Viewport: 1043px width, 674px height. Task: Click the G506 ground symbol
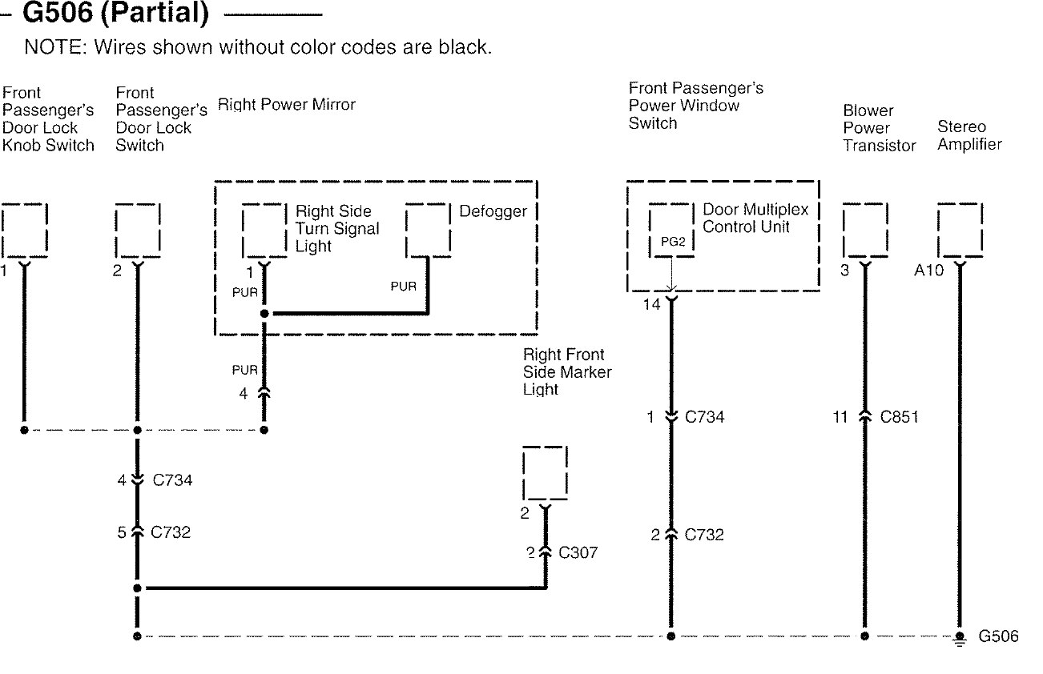tap(959, 639)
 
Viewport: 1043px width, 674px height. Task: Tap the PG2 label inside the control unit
tap(673, 242)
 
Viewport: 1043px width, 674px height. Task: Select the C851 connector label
tap(899, 417)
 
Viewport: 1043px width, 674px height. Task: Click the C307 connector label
tap(578, 552)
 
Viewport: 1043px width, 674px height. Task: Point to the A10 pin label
tap(928, 271)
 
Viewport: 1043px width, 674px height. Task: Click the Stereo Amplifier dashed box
tap(960, 230)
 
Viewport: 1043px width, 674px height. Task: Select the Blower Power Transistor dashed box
tap(865, 230)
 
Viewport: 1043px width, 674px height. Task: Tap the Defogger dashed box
tap(428, 230)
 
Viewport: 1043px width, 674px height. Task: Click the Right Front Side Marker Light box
tap(545, 473)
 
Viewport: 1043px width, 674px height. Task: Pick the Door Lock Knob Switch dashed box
tap(24, 230)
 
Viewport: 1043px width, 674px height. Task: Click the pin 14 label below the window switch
tap(651, 305)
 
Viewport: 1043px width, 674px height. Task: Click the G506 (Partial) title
tap(115, 13)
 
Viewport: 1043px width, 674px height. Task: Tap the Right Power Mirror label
tap(286, 105)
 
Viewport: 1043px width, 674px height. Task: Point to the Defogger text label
tap(493, 211)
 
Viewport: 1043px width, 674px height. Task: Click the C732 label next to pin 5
tap(171, 532)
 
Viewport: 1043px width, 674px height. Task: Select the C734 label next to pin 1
tap(704, 417)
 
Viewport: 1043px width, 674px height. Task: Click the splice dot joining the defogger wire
tap(264, 314)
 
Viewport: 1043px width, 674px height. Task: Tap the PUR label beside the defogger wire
tap(403, 286)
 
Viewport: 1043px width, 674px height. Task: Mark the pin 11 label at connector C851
tap(840, 417)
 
